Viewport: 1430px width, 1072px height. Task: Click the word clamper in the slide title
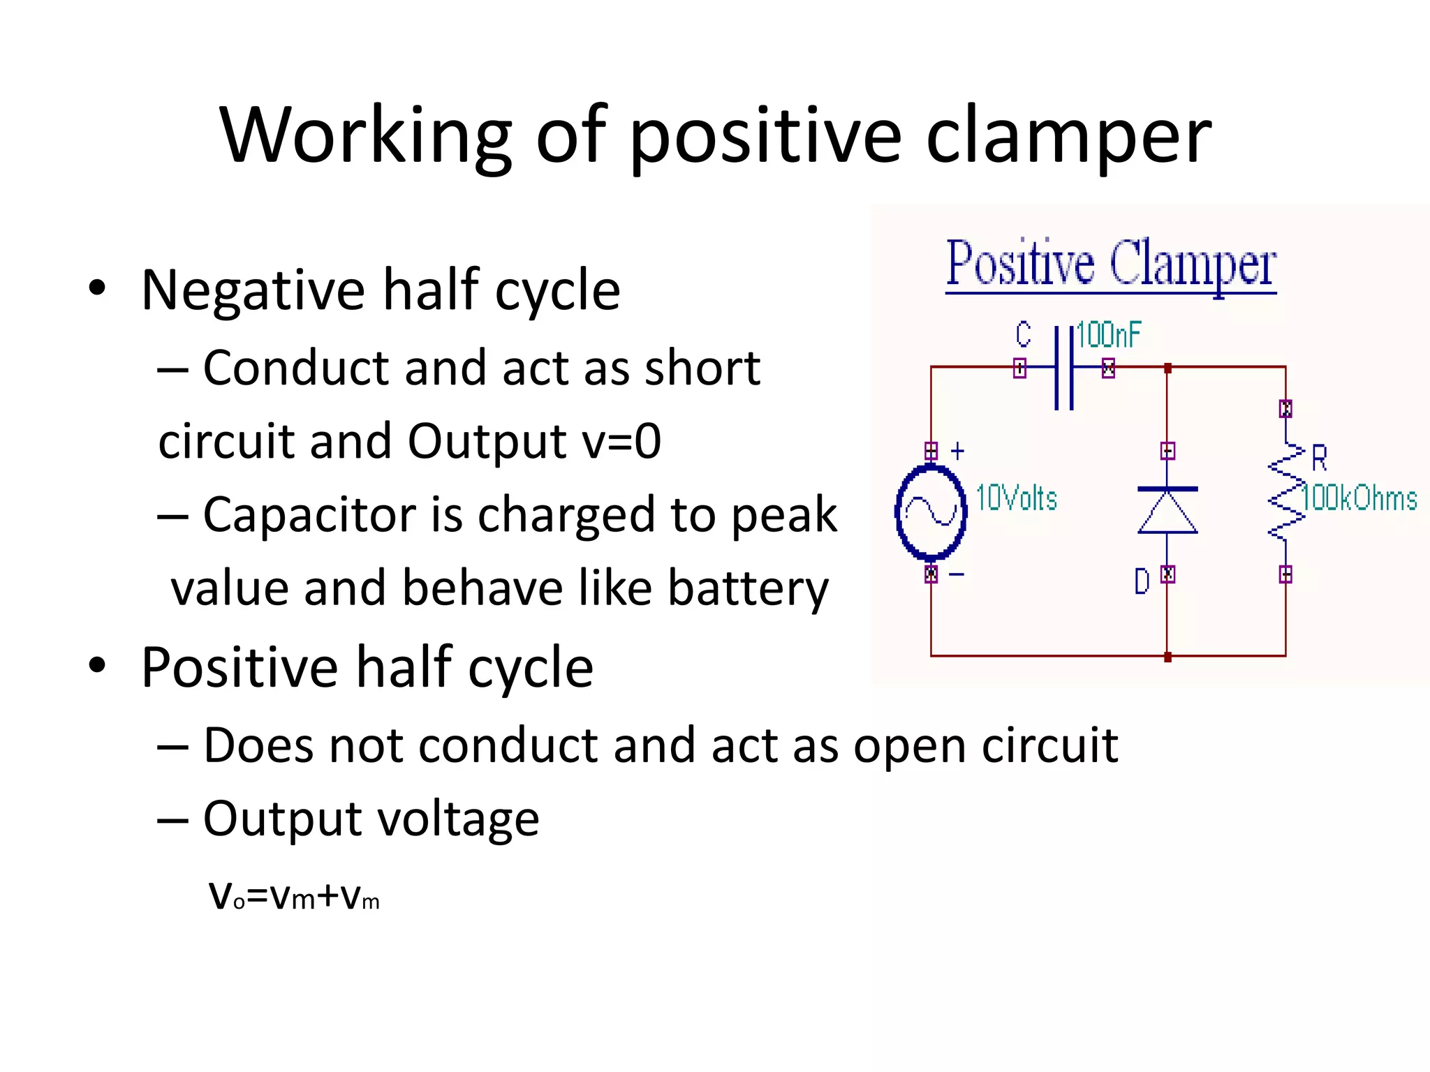pos(1068,136)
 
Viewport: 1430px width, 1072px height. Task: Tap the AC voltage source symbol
pos(931,513)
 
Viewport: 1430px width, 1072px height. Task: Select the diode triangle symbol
pos(1167,512)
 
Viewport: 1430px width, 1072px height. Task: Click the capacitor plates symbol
pos(1063,368)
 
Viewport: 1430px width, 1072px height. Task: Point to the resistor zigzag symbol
pos(1286,492)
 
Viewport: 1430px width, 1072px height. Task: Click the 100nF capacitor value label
pos(1108,335)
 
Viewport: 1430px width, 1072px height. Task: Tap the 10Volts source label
pos(1016,498)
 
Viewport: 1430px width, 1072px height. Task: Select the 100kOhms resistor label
pos(1359,498)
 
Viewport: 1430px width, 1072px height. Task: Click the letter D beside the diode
pos(1142,581)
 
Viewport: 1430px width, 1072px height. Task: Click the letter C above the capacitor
pos(1023,335)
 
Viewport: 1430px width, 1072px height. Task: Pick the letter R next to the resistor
pos(1319,459)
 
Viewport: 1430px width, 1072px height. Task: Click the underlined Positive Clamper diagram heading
pos(1111,265)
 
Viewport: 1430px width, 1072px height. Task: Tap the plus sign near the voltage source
pos(958,451)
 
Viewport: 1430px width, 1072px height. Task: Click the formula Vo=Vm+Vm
pos(294,896)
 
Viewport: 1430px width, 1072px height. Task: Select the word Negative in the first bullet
pos(253,290)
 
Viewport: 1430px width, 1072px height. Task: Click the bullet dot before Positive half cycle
pos(97,665)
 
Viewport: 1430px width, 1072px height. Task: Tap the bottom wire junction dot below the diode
pos(1167,657)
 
